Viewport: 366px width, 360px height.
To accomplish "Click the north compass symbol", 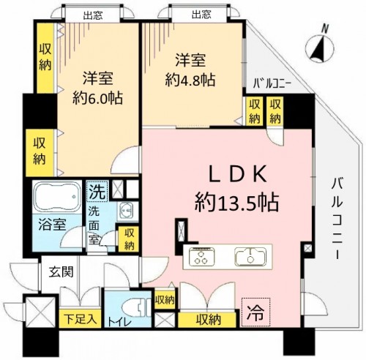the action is pyautogui.click(x=320, y=48).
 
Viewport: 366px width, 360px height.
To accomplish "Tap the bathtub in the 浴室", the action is pyautogui.click(x=57, y=197).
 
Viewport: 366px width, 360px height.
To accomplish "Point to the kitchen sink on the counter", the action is pyautogui.click(x=250, y=256).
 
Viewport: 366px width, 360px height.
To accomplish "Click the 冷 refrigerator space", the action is pyautogui.click(x=255, y=312).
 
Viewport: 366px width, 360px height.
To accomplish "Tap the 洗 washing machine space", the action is pyautogui.click(x=97, y=192).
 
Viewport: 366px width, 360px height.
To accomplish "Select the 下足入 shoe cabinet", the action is pyautogui.click(x=81, y=318).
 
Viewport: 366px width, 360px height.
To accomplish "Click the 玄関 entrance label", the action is pyautogui.click(x=61, y=271).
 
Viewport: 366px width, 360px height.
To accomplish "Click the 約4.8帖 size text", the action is pyautogui.click(x=190, y=80).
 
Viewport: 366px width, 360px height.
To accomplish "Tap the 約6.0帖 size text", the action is pyautogui.click(x=97, y=98).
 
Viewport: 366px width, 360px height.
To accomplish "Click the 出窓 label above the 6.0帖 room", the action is pyautogui.click(x=93, y=15).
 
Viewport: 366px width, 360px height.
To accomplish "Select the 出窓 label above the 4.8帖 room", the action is pyautogui.click(x=201, y=15).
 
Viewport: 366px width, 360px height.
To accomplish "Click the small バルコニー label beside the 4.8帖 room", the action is pyautogui.click(x=272, y=84).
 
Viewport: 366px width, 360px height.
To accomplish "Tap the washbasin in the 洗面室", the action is pyautogui.click(x=125, y=211).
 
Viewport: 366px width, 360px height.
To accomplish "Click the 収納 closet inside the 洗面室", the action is pyautogui.click(x=129, y=239).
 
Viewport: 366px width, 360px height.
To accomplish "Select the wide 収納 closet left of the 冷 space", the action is pyautogui.click(x=207, y=320).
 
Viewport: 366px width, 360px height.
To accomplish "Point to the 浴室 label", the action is pyautogui.click(x=53, y=225).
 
